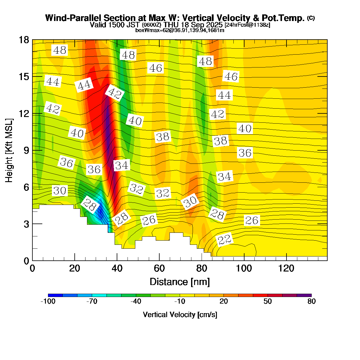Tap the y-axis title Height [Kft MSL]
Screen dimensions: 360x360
[9, 151]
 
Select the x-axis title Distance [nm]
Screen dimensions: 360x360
[180, 282]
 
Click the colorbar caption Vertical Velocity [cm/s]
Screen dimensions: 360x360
[180, 315]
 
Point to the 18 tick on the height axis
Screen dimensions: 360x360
[24, 40]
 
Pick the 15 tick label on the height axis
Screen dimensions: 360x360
[24, 77]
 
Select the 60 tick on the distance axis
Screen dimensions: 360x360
[159, 268]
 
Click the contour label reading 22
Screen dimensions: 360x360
[224, 240]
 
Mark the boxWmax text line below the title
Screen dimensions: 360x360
[180, 30]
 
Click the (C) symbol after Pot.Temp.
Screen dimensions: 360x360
[311, 18]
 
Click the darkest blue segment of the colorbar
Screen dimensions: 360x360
[55, 295]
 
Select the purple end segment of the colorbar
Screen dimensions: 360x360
[304, 295]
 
